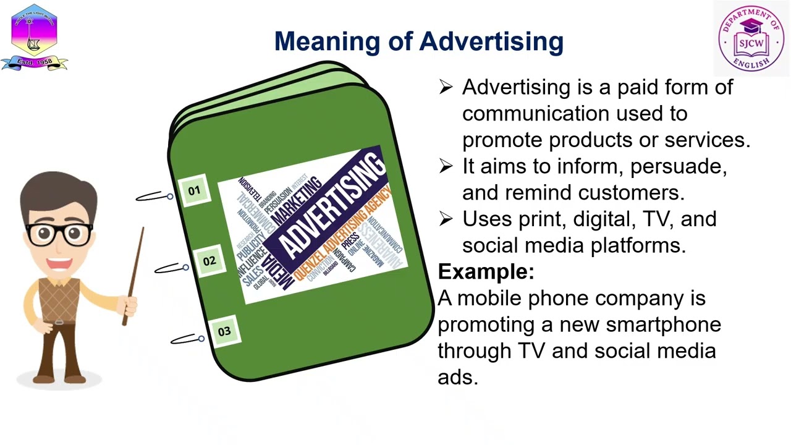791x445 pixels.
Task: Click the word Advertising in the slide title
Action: click(491, 42)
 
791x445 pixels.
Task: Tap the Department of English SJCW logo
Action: click(751, 38)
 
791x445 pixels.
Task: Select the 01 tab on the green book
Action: click(194, 191)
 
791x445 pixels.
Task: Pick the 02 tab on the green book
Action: click(209, 261)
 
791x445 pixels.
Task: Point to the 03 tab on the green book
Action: click(224, 331)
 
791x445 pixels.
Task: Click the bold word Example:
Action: click(486, 272)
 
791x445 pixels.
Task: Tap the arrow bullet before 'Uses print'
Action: click(446, 218)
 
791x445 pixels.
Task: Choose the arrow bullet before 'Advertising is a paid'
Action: click(446, 87)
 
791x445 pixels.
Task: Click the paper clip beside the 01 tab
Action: click(154, 197)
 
